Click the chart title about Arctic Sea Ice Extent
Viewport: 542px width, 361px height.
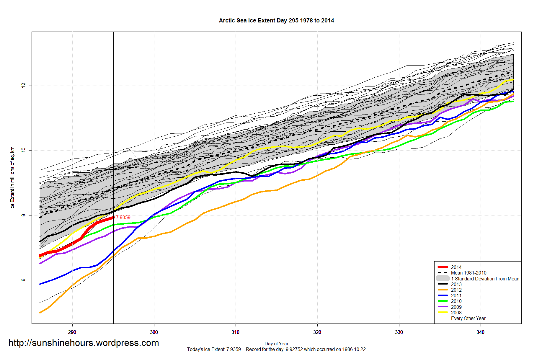(x=276, y=21)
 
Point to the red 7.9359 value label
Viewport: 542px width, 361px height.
(x=123, y=217)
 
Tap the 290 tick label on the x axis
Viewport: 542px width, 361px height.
(x=72, y=332)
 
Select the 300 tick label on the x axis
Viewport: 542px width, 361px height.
(x=154, y=332)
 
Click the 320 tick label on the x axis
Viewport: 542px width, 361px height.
(x=317, y=332)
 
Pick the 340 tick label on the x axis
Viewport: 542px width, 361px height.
(x=480, y=332)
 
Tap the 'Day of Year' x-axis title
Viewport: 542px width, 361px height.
(x=276, y=344)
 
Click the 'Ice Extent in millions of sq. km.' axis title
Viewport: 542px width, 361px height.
(x=12, y=177)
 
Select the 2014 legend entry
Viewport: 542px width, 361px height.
(x=456, y=267)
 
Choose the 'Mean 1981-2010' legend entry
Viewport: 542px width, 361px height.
(x=468, y=273)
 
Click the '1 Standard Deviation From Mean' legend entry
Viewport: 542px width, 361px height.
(x=485, y=279)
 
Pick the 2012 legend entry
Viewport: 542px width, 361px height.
(x=456, y=290)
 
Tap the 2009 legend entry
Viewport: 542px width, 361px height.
(x=456, y=307)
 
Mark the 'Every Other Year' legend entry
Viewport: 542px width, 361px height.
(x=468, y=318)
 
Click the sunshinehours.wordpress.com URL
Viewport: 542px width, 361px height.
(x=84, y=343)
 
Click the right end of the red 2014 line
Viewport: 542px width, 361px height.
(x=113, y=218)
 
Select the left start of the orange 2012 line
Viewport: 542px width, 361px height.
(x=40, y=313)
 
